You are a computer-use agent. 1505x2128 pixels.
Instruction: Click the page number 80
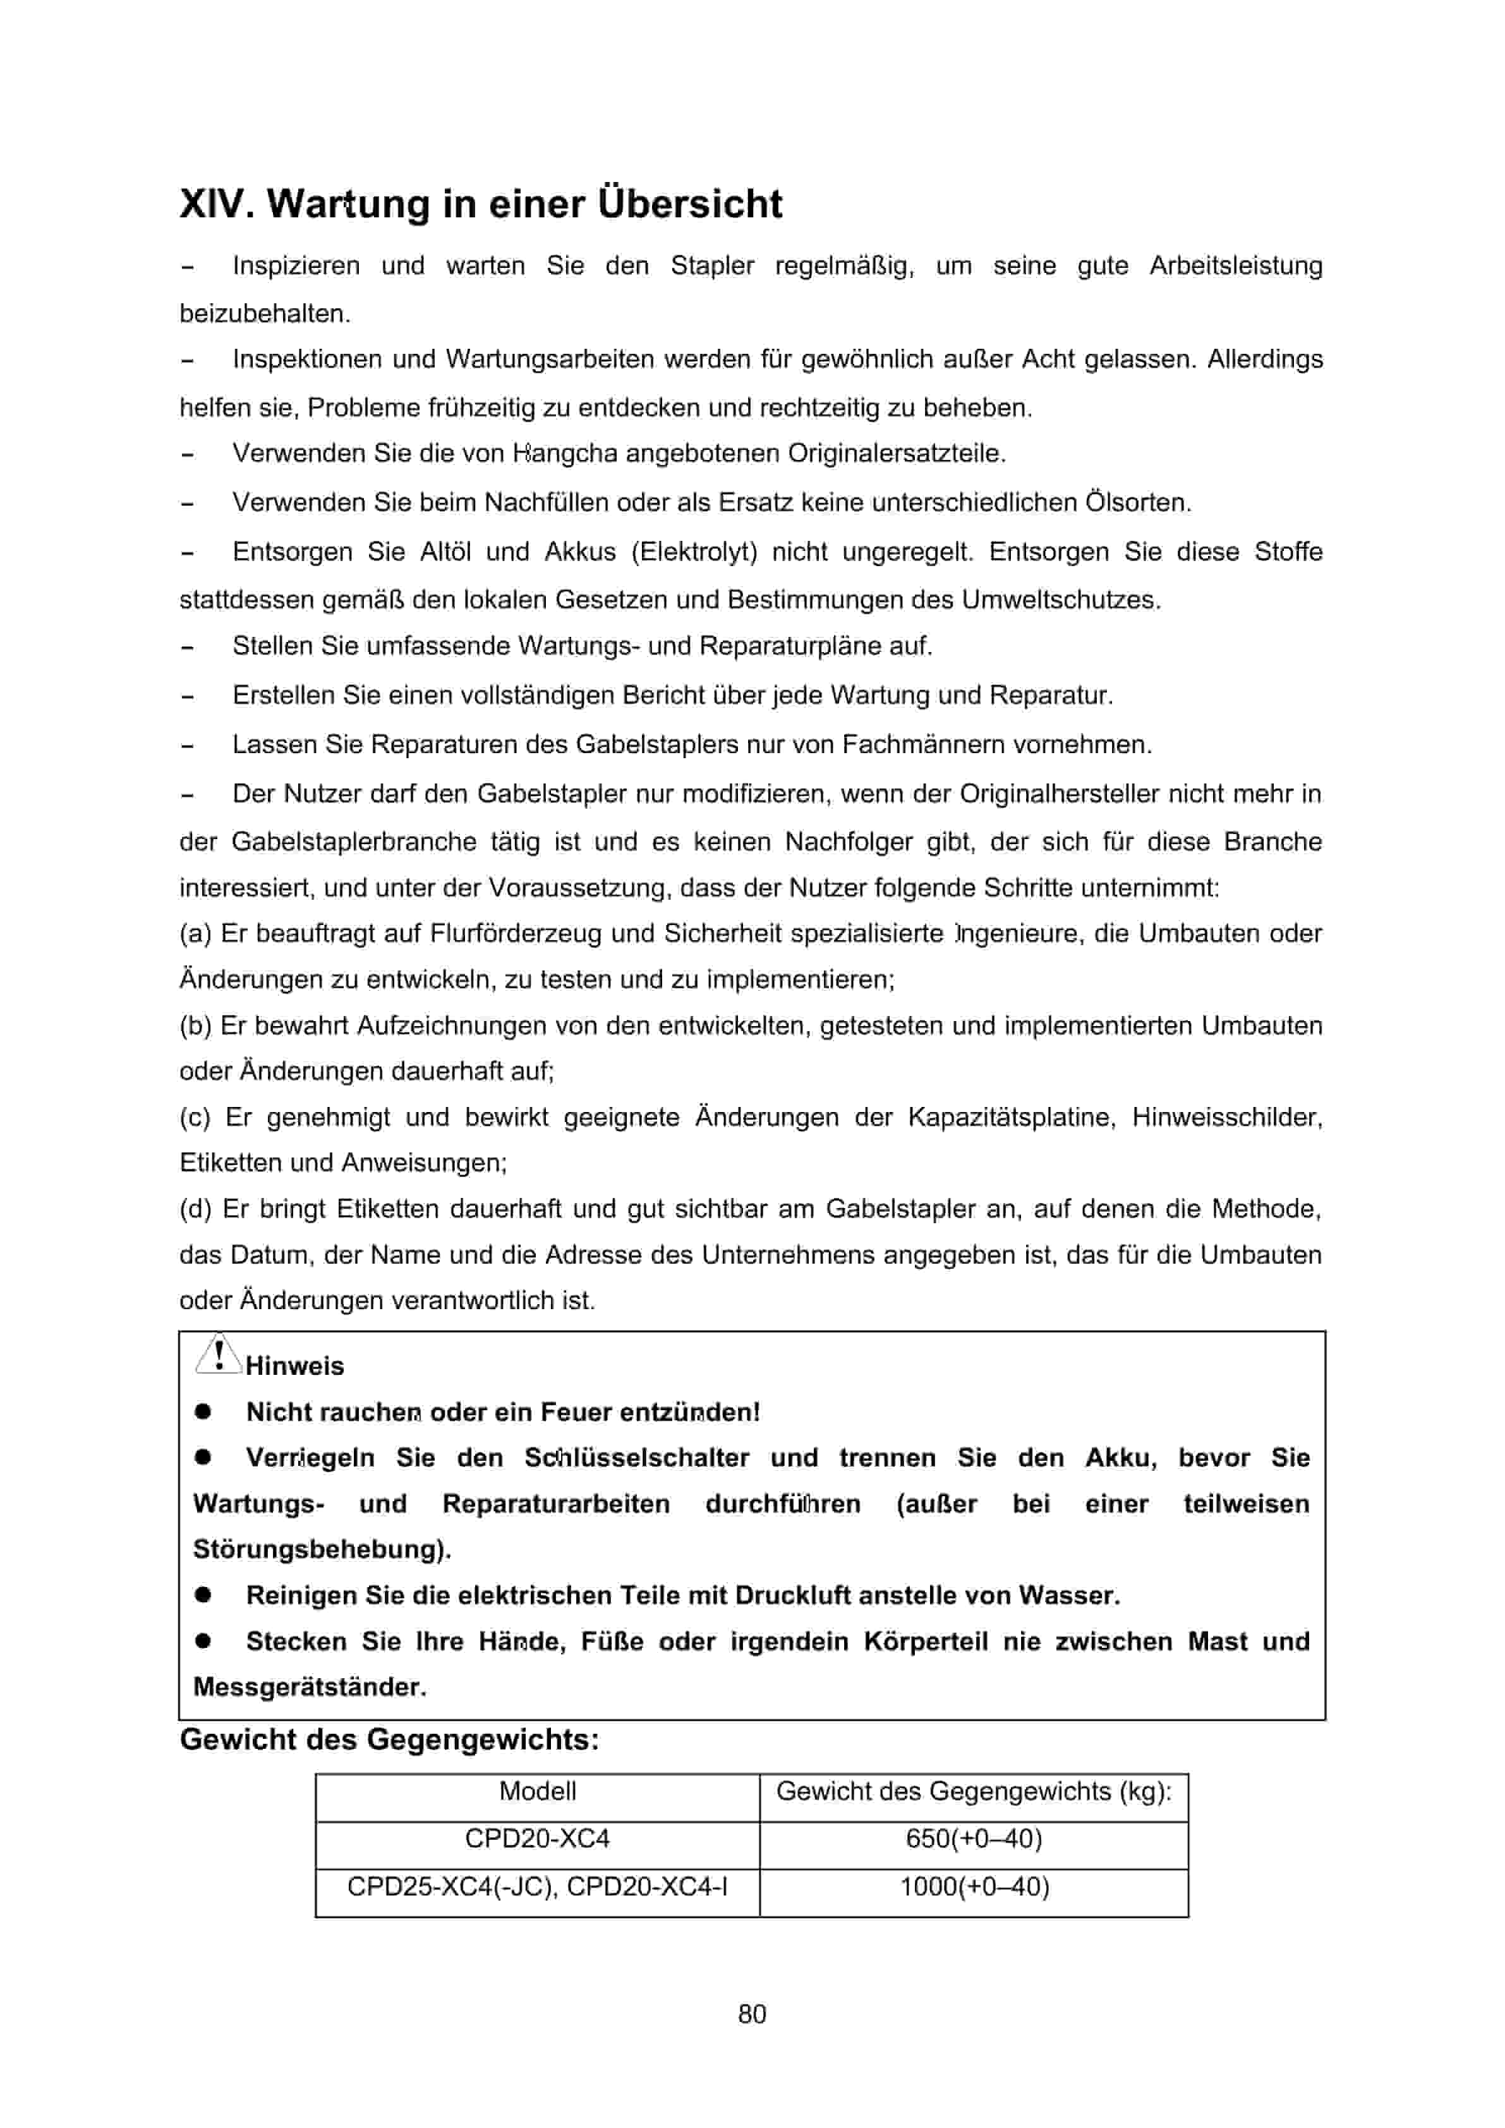[x=752, y=2014]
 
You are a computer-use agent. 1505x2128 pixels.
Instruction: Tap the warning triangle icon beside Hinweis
[x=217, y=1356]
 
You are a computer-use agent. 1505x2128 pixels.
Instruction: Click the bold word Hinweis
[x=294, y=1366]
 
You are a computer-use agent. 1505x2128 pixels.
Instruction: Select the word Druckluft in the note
[x=792, y=1596]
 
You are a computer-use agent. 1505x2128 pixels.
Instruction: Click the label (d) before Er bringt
[x=195, y=1209]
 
